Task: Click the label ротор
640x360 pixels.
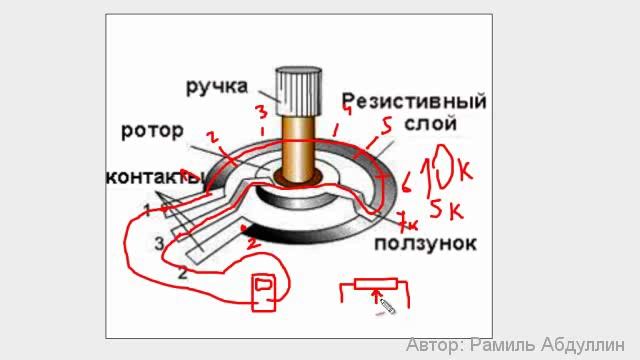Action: (152, 130)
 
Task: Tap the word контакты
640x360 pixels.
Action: (154, 178)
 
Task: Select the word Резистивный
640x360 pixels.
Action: (414, 101)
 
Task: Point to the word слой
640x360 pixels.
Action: (431, 124)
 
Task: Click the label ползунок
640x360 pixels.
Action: (426, 243)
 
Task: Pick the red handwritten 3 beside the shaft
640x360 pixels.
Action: (260, 112)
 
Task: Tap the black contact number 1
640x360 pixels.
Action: (146, 211)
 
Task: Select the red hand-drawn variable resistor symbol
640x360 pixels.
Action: (375, 291)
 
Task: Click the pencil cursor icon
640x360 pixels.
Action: (385, 304)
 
